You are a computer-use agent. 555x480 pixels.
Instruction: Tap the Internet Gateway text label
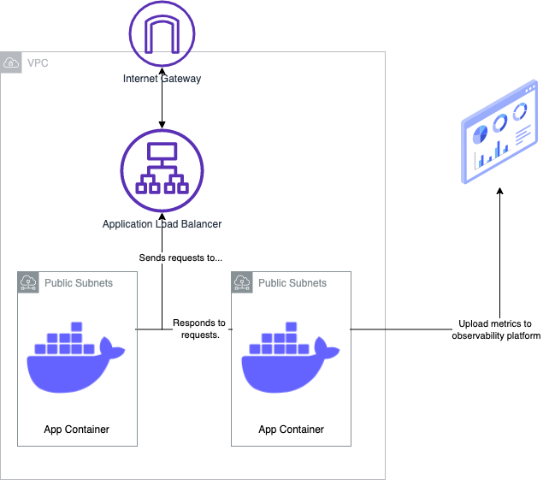pos(162,79)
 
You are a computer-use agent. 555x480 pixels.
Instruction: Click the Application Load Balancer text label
pos(162,224)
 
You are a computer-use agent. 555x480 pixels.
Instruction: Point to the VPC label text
pos(38,63)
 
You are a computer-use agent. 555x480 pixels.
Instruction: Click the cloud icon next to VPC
pos(11,63)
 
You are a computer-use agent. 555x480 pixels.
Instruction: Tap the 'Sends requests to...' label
pos(180,258)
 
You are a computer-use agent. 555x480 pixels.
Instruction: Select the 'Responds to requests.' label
pos(199,329)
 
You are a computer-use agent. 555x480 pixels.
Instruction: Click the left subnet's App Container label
pos(76,429)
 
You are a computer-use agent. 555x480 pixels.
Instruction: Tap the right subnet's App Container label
pos(291,429)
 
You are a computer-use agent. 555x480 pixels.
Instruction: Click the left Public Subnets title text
pos(78,282)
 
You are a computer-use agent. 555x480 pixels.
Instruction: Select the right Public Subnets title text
pos(292,282)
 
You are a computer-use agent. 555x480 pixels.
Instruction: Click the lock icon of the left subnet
pos(28,282)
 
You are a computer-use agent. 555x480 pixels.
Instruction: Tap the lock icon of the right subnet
pos(242,282)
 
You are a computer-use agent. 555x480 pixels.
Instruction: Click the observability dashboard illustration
pos(500,133)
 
